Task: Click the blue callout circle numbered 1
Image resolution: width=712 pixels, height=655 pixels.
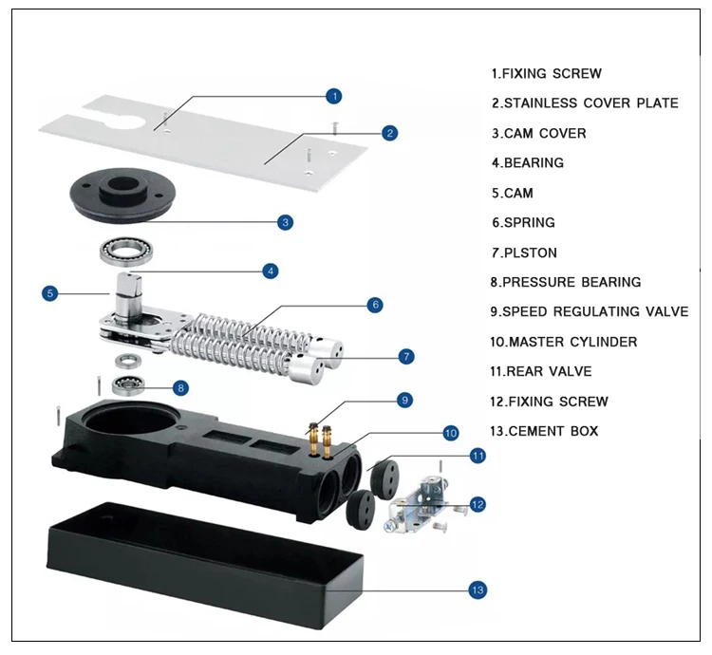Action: (334, 96)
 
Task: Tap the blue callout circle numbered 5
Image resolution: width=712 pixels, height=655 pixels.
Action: (50, 293)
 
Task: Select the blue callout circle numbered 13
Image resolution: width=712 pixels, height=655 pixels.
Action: (478, 590)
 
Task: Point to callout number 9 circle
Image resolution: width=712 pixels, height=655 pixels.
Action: (404, 401)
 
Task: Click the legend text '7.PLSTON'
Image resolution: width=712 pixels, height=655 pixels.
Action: (524, 253)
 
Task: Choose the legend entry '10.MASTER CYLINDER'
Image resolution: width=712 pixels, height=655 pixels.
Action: (564, 342)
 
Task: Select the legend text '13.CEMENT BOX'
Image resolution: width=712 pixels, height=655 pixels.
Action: (544, 431)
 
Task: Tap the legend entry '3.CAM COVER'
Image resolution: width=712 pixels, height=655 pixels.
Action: (539, 134)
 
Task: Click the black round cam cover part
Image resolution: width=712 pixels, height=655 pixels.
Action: (122, 196)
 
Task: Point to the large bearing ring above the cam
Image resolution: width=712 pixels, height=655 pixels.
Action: (126, 251)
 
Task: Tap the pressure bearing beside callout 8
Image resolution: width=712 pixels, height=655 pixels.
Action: (128, 385)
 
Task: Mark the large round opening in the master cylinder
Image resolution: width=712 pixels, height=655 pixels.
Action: (129, 419)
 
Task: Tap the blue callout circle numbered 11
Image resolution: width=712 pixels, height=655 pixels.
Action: (478, 456)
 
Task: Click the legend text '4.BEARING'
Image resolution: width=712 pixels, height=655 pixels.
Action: (528, 163)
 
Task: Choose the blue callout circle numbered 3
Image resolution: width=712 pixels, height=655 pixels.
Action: (285, 222)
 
